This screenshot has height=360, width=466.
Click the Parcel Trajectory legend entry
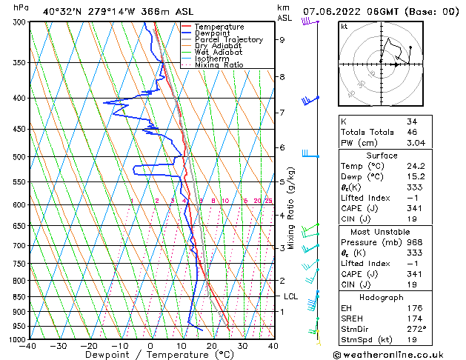click(228, 39)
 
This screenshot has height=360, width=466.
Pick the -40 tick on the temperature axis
click(28, 346)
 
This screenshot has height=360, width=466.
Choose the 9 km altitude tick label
click(282, 40)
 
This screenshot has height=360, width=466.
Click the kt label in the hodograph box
click(344, 26)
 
